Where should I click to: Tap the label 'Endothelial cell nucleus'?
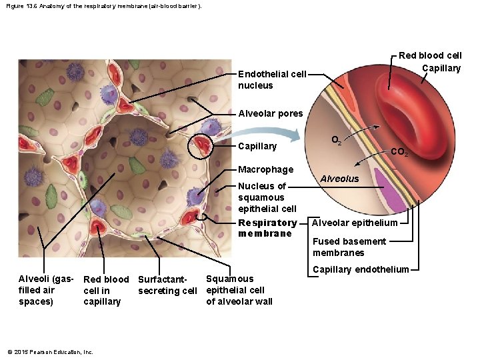click(272, 79)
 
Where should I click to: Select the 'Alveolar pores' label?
click(270, 113)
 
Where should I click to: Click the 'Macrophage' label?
click(265, 169)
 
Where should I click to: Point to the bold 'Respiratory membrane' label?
click(267, 228)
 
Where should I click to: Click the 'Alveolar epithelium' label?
click(355, 223)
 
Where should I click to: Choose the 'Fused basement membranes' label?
click(349, 247)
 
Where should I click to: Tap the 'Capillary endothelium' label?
click(361, 269)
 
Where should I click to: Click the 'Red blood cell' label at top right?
click(430, 55)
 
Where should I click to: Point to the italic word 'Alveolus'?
click(339, 179)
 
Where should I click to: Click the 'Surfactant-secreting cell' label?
click(167, 285)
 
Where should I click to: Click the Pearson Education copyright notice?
click(51, 352)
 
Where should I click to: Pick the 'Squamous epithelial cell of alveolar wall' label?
click(239, 290)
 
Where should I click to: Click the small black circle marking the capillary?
click(201, 147)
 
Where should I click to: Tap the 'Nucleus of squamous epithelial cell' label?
click(267, 197)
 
